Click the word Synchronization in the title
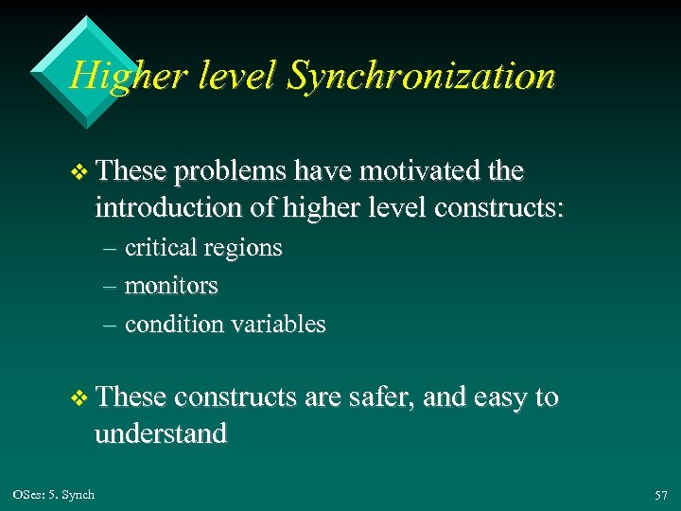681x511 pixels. tap(421, 77)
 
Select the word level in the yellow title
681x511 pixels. tap(232, 76)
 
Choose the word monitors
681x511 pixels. tap(171, 286)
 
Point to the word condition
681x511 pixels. tap(177, 325)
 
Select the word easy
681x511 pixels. tap(501, 398)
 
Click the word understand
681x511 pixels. tap(161, 434)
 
